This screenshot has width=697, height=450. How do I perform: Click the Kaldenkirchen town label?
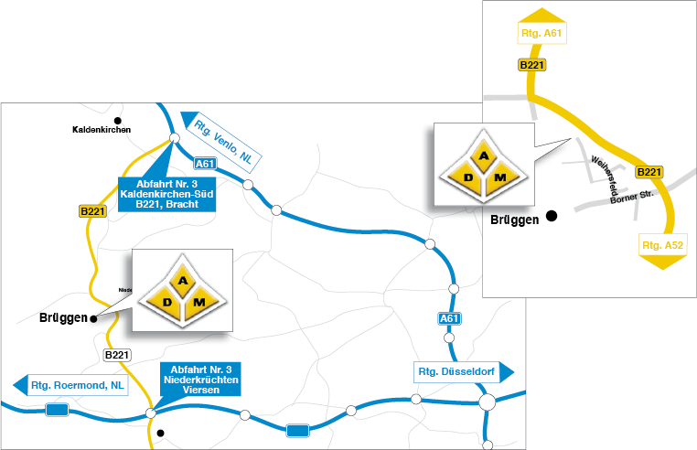(102, 130)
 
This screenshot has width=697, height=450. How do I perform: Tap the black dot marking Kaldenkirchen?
(117, 120)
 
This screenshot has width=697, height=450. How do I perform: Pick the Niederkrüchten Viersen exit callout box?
(199, 378)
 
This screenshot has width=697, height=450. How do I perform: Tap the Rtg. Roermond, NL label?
(79, 384)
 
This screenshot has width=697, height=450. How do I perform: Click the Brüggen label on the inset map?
(514, 220)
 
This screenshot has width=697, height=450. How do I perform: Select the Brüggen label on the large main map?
(62, 319)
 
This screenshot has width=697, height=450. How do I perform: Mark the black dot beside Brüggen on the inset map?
(551, 216)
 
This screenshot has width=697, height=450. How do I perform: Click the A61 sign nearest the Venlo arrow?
(206, 164)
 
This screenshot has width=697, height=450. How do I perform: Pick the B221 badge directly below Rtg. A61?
(532, 65)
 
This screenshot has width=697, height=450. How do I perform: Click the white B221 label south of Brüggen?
(117, 355)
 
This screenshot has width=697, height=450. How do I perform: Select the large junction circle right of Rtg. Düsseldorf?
(488, 400)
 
